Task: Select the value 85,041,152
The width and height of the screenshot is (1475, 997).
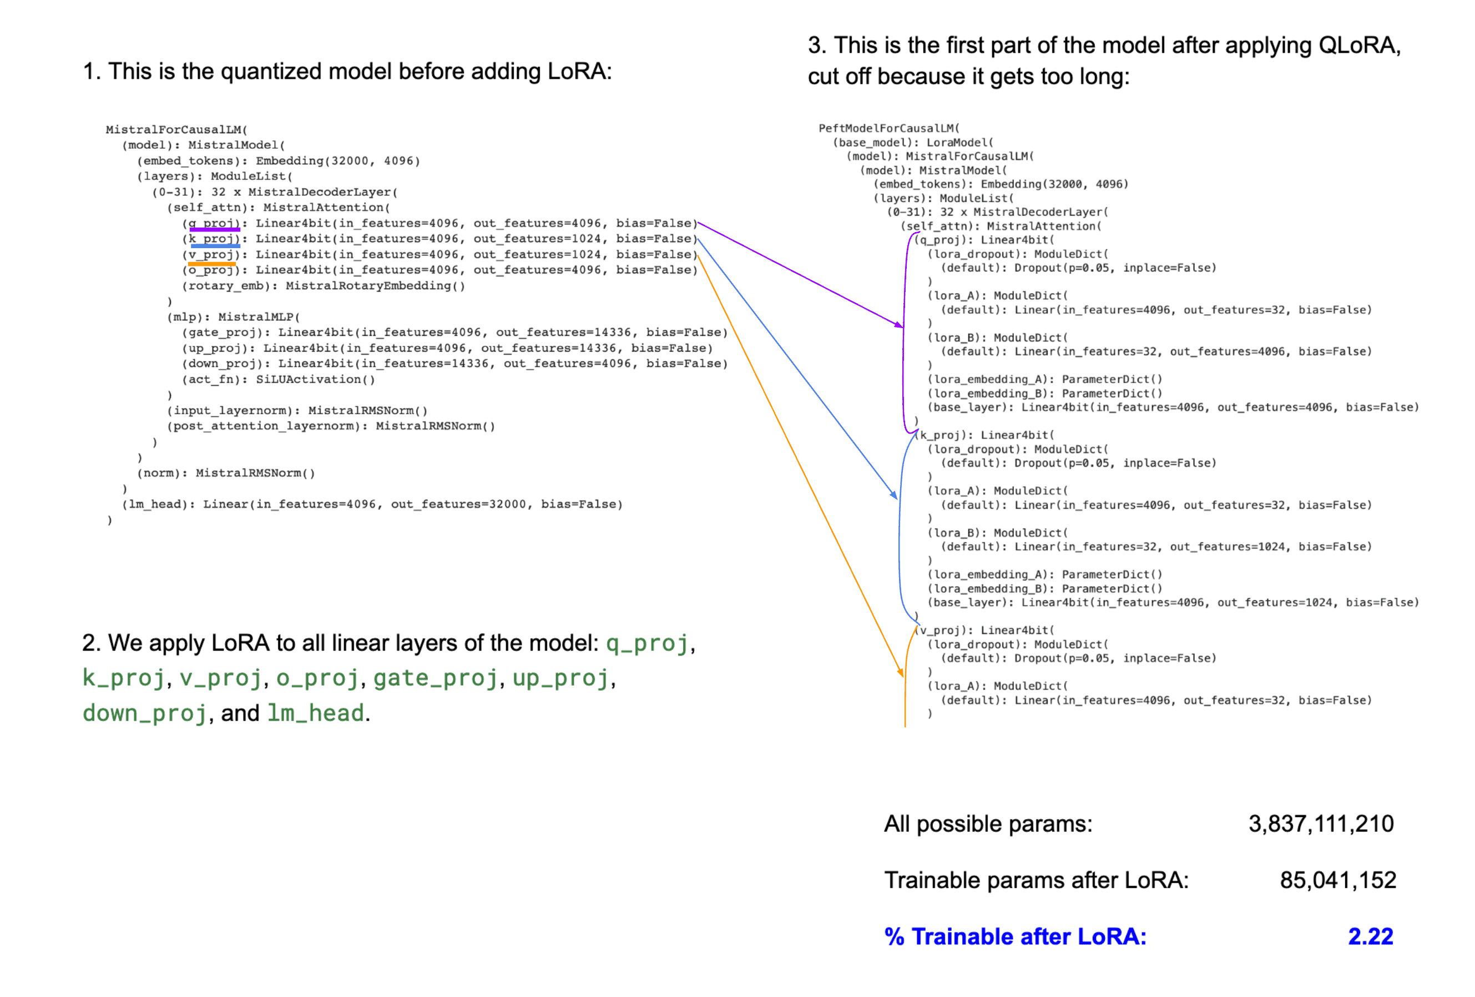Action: [x=1337, y=880]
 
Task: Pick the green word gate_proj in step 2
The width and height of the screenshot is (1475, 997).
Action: [x=436, y=678]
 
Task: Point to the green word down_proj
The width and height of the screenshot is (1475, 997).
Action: [x=145, y=713]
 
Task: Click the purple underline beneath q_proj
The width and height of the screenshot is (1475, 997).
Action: [x=215, y=229]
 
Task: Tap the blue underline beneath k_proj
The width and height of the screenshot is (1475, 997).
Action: [x=215, y=245]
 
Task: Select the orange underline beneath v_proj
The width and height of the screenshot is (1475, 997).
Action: [x=211, y=263]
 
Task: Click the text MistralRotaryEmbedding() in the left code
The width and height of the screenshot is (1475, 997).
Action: [x=375, y=286]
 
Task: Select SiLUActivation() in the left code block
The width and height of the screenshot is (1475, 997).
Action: [x=315, y=380]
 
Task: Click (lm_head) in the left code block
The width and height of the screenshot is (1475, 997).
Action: [x=151, y=504]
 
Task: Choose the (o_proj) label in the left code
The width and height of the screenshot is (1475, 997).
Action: [x=211, y=270]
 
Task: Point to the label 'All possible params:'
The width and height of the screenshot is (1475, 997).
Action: [x=988, y=824]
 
